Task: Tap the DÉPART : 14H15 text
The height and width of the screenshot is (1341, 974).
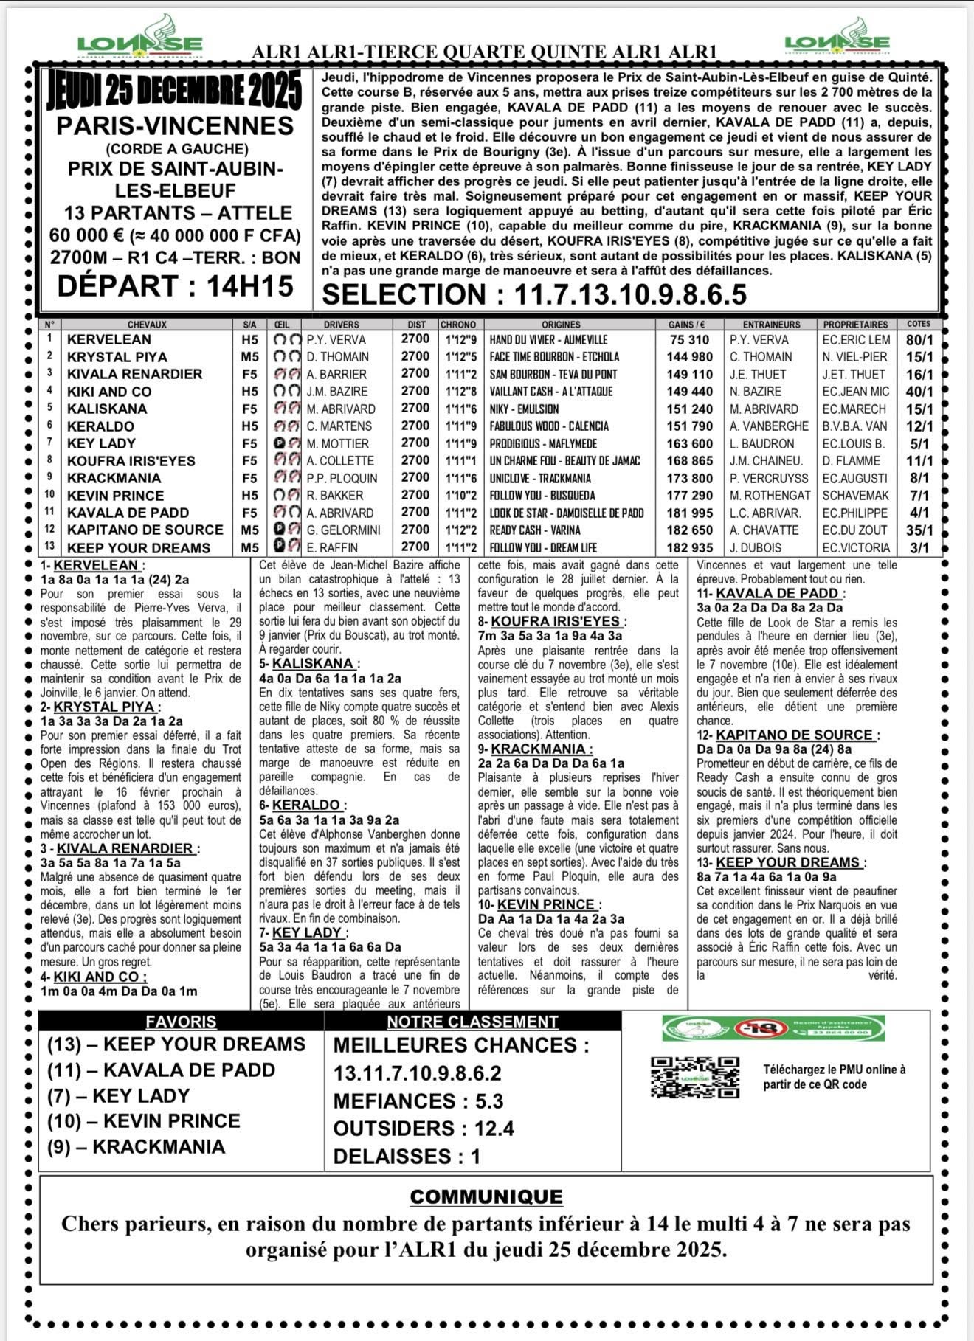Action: click(x=176, y=286)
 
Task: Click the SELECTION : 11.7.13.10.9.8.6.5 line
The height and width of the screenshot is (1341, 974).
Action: click(x=534, y=294)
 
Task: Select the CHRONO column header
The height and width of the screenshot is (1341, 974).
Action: click(x=458, y=325)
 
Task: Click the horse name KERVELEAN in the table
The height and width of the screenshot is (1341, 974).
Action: click(x=108, y=340)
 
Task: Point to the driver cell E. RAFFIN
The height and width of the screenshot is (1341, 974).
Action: click(x=333, y=548)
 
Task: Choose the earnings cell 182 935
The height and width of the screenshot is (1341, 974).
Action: click(x=689, y=548)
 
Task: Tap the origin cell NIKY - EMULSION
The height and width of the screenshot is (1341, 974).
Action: click(x=524, y=409)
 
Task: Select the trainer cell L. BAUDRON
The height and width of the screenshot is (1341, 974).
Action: click(x=761, y=444)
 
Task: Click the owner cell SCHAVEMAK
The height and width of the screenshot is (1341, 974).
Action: click(x=856, y=496)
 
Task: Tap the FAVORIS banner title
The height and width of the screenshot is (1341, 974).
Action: click(x=181, y=1022)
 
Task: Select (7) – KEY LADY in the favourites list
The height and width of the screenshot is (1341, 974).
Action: click(x=118, y=1095)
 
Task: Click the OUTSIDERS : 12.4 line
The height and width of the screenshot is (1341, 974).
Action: click(x=424, y=1129)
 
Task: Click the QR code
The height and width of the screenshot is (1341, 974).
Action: click(x=695, y=1078)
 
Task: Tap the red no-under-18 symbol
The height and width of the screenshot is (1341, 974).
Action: click(x=756, y=1028)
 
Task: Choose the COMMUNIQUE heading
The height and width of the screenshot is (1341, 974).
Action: click(x=486, y=1196)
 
